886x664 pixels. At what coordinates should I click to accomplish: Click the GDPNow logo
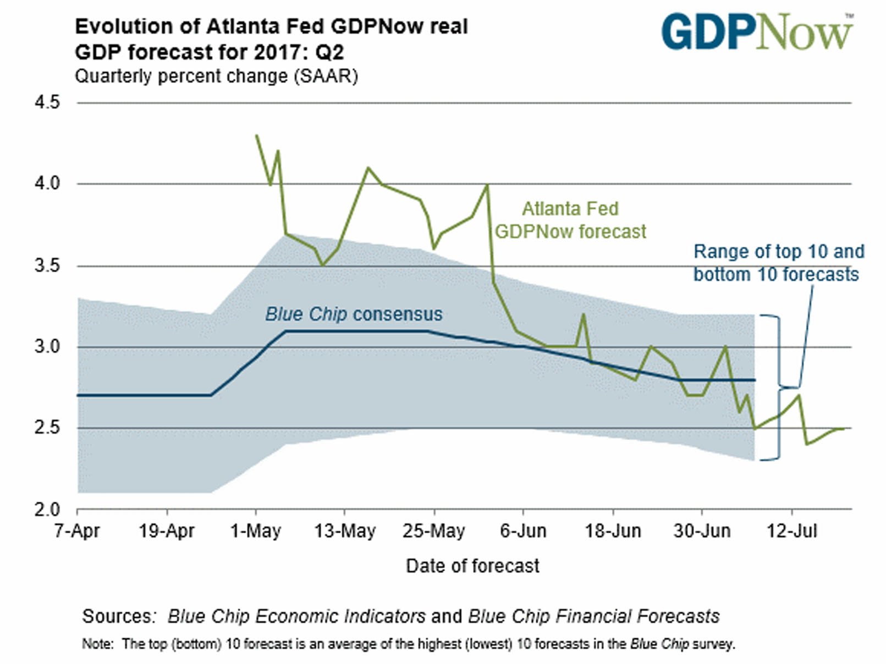[757, 32]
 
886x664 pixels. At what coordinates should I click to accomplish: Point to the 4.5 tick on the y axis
[47, 103]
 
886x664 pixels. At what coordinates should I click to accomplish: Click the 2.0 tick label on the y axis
[47, 510]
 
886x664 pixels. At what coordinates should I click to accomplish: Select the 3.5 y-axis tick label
[47, 266]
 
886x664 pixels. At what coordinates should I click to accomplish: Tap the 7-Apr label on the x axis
[77, 531]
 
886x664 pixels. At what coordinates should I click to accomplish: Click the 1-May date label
[256, 531]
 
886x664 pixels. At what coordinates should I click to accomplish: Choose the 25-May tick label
[434, 531]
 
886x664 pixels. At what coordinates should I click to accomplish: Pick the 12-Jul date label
[792, 531]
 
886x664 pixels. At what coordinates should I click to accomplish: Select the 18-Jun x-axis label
[613, 531]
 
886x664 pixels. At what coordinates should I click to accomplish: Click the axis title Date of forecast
[472, 566]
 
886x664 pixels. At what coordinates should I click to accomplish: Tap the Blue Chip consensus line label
[354, 314]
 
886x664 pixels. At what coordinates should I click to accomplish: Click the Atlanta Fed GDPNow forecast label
[570, 220]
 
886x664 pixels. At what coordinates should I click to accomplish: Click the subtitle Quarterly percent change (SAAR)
[216, 76]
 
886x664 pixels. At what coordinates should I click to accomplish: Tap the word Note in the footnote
[97, 644]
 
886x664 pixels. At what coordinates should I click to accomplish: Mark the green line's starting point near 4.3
[256, 135]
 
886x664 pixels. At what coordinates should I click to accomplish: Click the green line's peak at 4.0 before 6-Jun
[487, 185]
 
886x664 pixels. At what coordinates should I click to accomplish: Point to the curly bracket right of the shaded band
[778, 387]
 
